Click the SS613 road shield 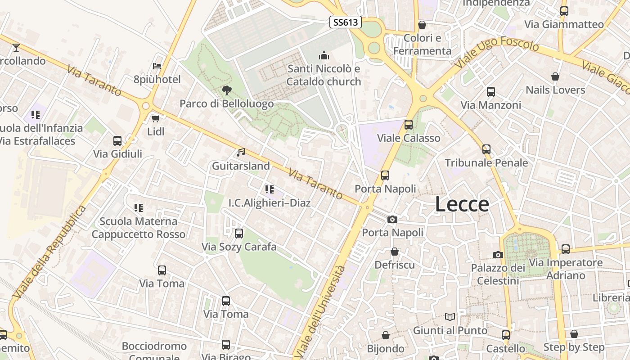[346, 22]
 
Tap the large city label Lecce [462, 204]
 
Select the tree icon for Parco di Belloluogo [227, 90]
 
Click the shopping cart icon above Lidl [156, 118]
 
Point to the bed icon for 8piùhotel [157, 66]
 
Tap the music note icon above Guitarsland [241, 153]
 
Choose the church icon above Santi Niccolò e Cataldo [324, 56]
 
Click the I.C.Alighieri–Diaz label [270, 203]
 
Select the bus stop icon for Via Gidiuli [117, 140]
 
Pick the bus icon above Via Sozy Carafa [239, 234]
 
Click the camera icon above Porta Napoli [392, 219]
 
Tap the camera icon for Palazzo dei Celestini [498, 255]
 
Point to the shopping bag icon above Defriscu [395, 252]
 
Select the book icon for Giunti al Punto [450, 317]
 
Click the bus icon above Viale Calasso [409, 125]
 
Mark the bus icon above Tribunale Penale [486, 149]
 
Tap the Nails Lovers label [555, 90]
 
